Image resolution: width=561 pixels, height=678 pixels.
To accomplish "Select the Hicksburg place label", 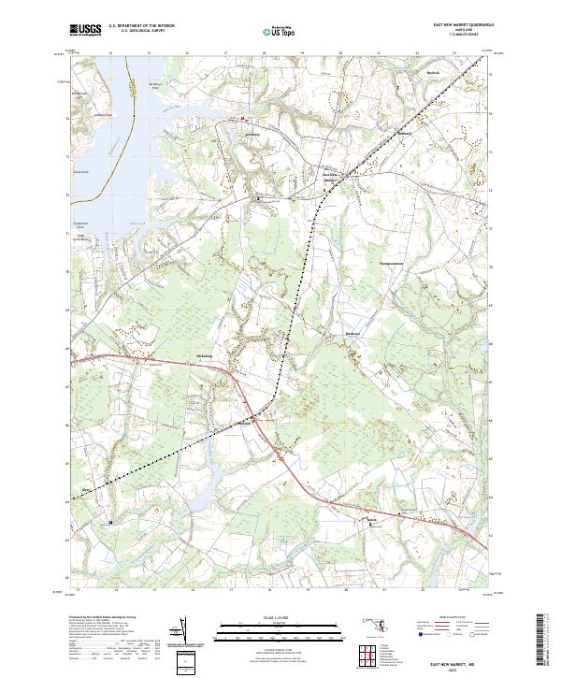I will click(x=205, y=356).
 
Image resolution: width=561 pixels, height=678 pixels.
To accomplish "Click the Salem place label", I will click(x=372, y=519).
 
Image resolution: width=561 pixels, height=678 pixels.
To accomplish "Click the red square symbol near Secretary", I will click(x=243, y=119).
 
